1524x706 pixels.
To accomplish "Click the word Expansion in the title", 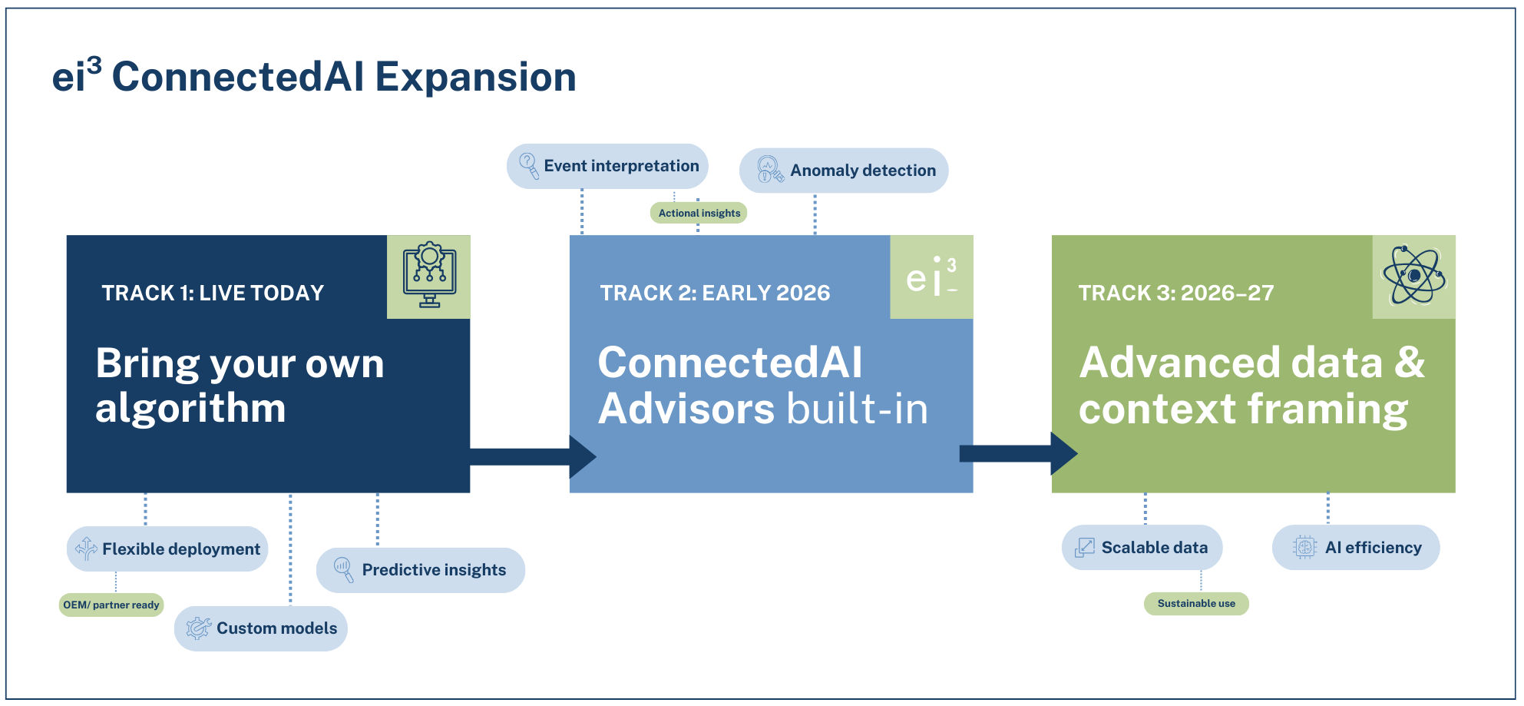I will click(475, 78).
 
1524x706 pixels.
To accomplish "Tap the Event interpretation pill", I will click(607, 166).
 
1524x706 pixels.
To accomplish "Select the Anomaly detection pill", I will click(844, 171).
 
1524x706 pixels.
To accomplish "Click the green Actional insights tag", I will click(699, 214).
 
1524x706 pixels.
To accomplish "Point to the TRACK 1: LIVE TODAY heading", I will click(213, 293).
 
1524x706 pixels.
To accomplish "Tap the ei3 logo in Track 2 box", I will click(931, 277).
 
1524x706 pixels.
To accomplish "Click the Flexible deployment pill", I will click(167, 549).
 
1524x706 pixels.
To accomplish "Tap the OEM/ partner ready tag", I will click(111, 605).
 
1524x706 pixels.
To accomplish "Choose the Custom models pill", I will click(261, 628).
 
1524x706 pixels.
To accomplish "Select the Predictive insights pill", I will click(421, 570).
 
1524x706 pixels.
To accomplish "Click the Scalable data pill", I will click(1142, 548).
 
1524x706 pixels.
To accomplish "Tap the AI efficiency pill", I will click(1356, 548).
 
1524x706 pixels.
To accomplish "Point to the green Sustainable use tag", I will click(1196, 604).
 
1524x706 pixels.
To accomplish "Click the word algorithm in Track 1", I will click(190, 408).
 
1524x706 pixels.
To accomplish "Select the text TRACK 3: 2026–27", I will click(1175, 293).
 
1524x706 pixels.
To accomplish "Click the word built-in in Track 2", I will click(857, 409).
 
